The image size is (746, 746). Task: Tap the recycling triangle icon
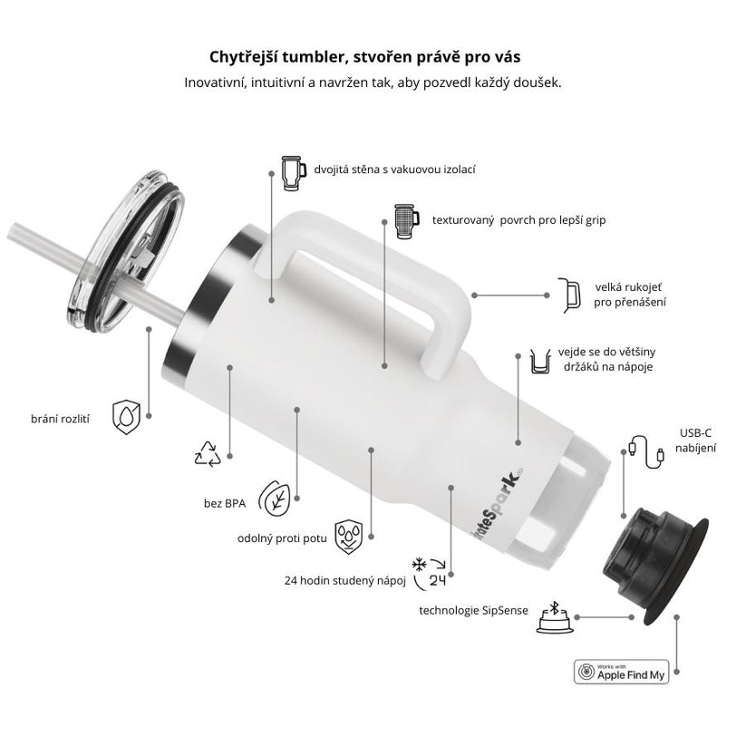(x=208, y=454)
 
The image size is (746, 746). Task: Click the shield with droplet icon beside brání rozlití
(x=127, y=417)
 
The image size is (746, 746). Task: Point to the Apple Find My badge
(x=621, y=672)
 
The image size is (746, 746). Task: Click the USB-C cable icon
(x=646, y=451)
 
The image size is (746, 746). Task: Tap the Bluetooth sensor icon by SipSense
(x=554, y=617)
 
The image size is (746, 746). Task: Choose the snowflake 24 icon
(x=430, y=573)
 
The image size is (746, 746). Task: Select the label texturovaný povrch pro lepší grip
(x=518, y=220)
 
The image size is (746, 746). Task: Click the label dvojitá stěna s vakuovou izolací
(x=394, y=170)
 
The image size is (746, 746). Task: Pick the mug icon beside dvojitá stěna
(x=293, y=173)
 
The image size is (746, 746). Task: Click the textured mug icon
(x=407, y=221)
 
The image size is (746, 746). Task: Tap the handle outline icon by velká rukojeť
(x=570, y=295)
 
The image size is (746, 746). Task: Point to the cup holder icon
(x=541, y=361)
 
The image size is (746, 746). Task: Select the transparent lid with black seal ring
(x=125, y=252)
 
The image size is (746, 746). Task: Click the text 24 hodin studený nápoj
(x=345, y=580)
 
